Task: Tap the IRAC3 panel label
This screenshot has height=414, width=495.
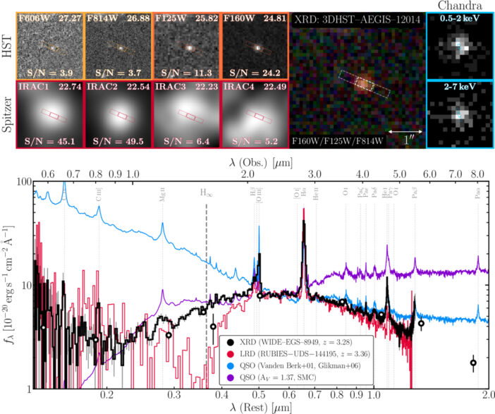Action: point(170,87)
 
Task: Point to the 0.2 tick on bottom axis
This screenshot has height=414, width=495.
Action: point(106,397)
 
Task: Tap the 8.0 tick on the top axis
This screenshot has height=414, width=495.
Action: point(477,173)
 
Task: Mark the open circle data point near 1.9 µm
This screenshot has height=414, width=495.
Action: point(473,363)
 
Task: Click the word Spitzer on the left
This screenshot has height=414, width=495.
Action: point(9,114)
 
